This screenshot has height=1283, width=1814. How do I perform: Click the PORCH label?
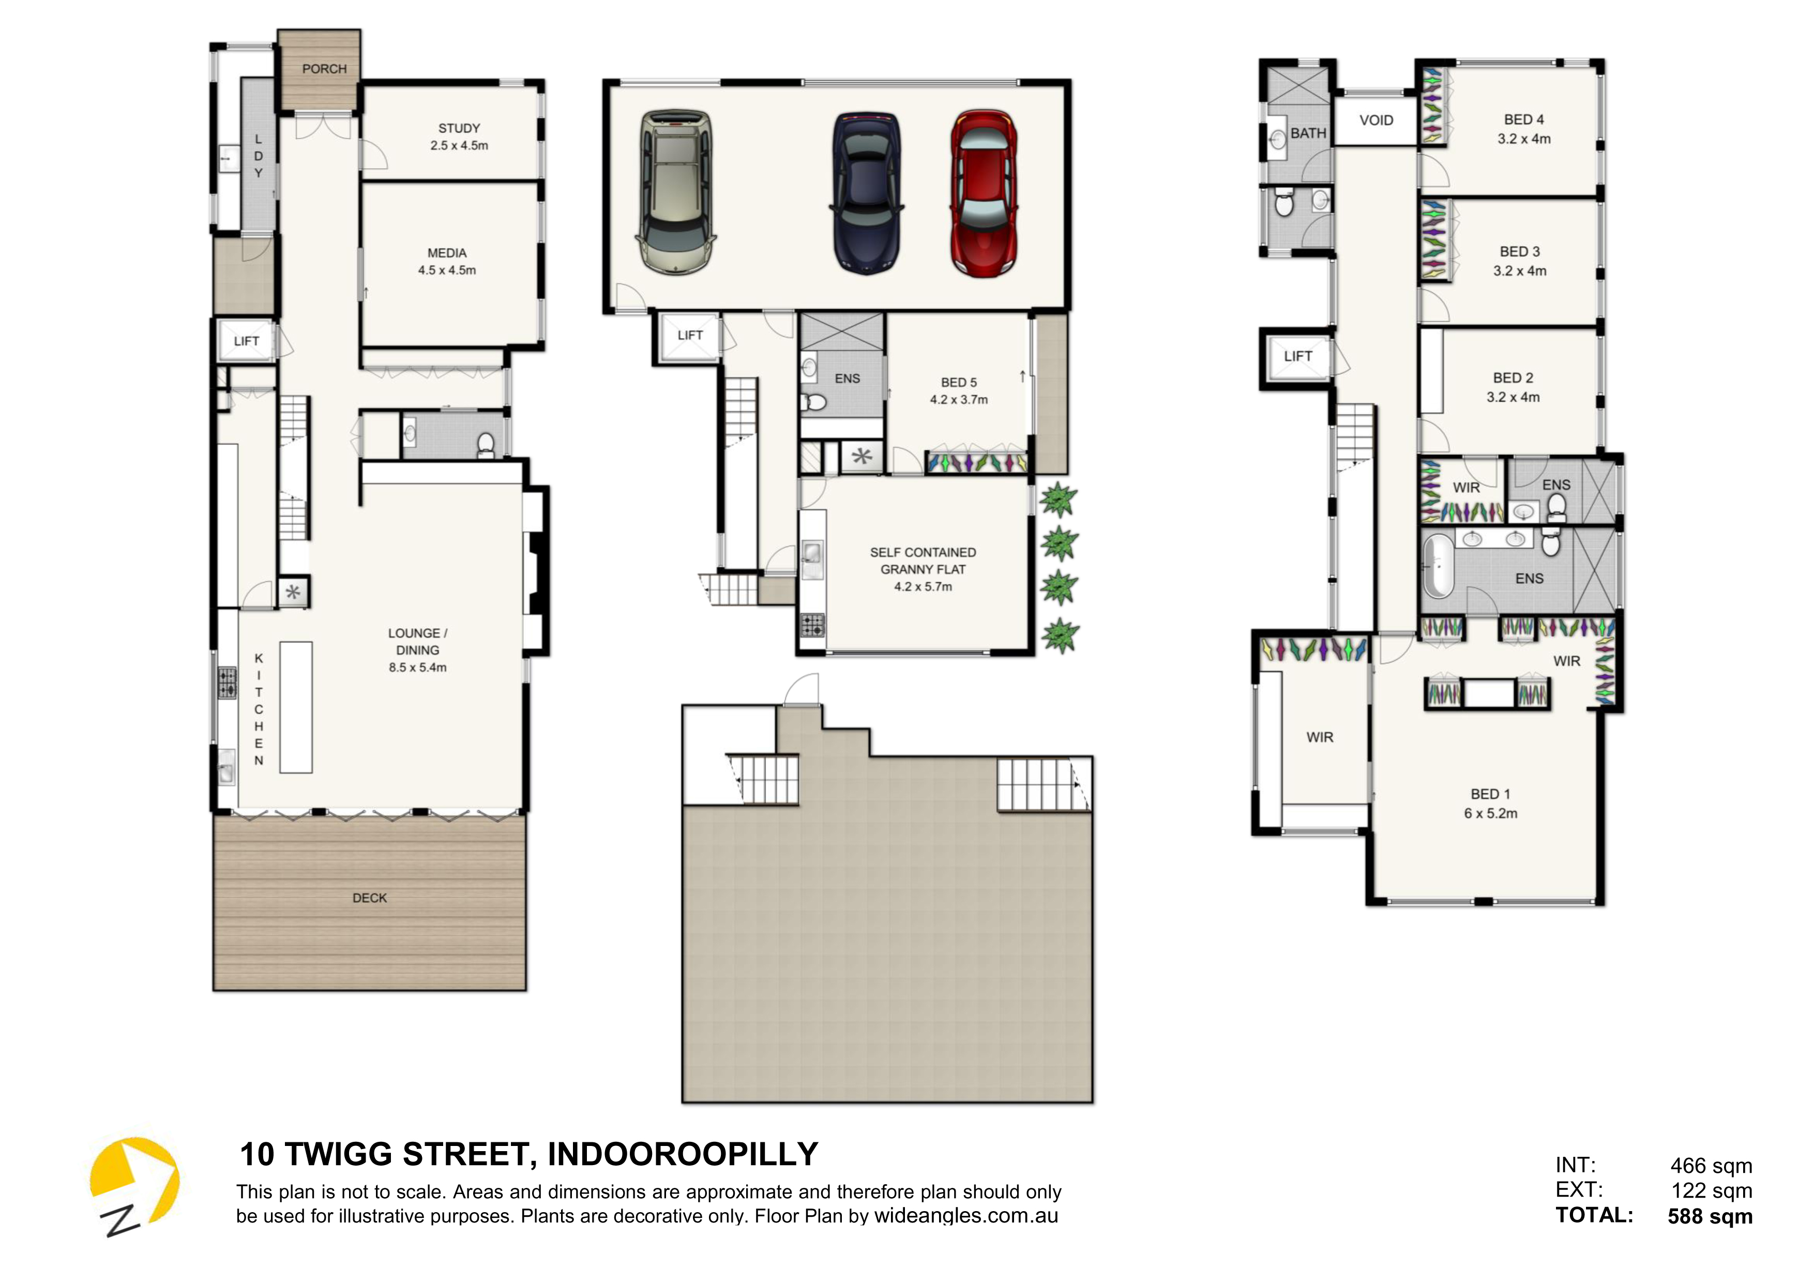click(x=324, y=69)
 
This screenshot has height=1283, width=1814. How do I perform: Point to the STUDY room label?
click(x=459, y=128)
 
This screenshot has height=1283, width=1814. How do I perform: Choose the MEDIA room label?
click(x=447, y=253)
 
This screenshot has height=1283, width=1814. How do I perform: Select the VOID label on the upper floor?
click(x=1377, y=120)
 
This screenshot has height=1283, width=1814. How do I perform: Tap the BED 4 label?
click(x=1524, y=119)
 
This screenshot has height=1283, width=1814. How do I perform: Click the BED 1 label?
click(x=1490, y=794)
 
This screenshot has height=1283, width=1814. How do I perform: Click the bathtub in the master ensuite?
click(x=1438, y=566)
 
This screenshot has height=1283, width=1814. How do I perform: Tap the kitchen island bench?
click(x=296, y=707)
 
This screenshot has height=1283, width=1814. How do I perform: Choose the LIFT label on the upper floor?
click(x=1298, y=356)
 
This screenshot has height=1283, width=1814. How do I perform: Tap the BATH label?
click(x=1308, y=133)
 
